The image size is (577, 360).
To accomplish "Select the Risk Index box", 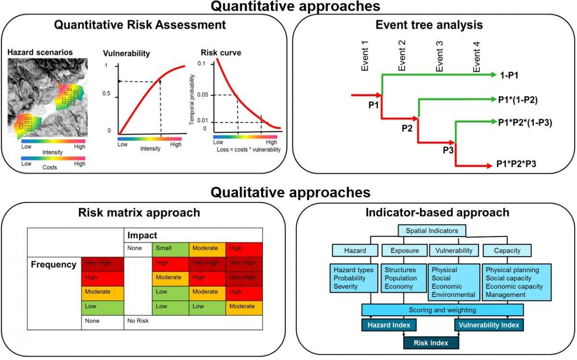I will click(431, 343).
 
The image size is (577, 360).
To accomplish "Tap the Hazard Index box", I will click(389, 325).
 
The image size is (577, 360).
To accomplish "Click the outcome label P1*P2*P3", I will click(516, 164).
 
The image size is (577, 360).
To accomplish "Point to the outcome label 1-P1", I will click(509, 74).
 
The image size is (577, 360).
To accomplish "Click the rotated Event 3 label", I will click(439, 56).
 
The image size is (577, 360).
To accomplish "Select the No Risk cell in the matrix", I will click(138, 321).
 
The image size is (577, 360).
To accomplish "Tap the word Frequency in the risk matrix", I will click(54, 264).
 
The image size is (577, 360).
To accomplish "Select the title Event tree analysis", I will click(436, 24).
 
